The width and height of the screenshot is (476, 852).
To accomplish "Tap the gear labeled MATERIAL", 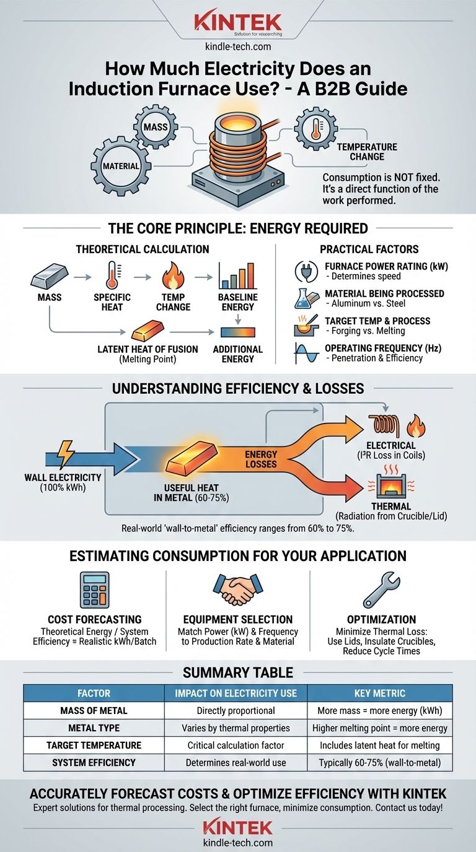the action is tap(121, 166).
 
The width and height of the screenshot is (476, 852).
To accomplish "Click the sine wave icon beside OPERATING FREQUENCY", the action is tap(307, 354).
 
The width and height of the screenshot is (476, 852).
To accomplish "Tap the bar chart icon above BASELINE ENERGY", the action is tap(237, 276).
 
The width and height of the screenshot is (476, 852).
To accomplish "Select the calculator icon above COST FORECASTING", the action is tap(94, 590).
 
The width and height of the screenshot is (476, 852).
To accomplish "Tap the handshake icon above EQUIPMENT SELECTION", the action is tap(237, 589).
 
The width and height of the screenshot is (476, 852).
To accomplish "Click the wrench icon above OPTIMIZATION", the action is tap(381, 590).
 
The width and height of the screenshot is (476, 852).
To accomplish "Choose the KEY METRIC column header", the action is tap(380, 693).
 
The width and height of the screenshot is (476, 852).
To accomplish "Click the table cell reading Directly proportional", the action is tap(236, 710).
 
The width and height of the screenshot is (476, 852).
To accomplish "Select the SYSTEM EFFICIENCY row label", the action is tap(94, 762).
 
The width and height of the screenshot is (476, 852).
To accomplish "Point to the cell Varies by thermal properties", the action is tap(236, 728).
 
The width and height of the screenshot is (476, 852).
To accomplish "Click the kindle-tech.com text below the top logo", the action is tap(238, 47).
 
